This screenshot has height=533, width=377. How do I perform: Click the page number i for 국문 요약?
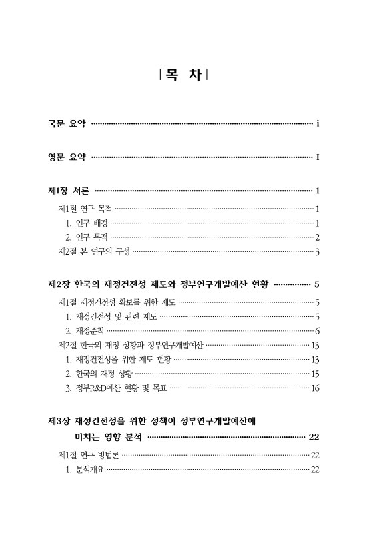(318, 123)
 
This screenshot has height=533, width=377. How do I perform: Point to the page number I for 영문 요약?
(318, 157)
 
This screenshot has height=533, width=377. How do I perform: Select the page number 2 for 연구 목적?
(318, 237)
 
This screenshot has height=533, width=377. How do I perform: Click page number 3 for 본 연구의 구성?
(318, 252)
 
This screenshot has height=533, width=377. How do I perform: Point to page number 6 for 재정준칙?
(318, 331)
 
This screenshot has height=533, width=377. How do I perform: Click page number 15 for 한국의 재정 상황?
(316, 374)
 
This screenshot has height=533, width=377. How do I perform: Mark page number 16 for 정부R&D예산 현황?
(316, 388)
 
